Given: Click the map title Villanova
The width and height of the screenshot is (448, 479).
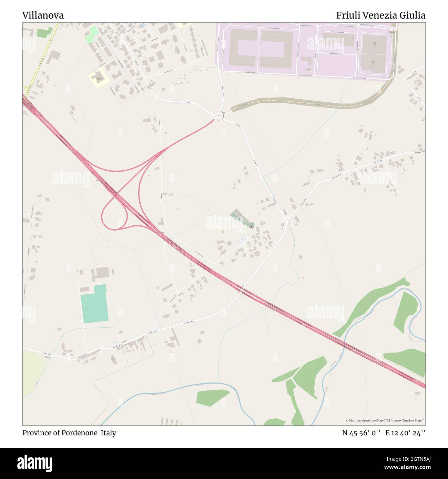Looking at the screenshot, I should (43, 16).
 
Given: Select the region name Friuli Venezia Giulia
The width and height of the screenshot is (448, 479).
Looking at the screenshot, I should (380, 16).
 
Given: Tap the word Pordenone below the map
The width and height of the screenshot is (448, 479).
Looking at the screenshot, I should (79, 433).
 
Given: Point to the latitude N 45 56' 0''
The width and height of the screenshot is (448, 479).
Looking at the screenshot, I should (361, 433).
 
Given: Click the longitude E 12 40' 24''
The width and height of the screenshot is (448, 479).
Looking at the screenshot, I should (405, 433).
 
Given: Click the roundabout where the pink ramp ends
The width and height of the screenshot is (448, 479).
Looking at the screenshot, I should (218, 116).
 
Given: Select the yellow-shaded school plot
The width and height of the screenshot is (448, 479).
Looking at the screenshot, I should (99, 78).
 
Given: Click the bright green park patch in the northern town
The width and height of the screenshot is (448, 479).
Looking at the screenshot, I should (91, 34).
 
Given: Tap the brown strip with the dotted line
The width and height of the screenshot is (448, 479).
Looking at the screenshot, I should (310, 102).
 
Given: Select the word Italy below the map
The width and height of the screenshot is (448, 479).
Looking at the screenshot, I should (108, 433).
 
